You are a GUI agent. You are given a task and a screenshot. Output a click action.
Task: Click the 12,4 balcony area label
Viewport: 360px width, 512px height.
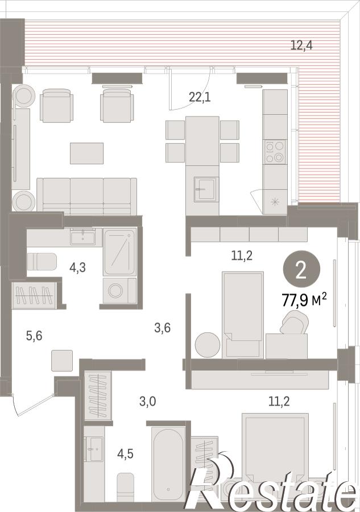301,45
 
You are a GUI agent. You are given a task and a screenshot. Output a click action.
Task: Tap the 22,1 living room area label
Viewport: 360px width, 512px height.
200,97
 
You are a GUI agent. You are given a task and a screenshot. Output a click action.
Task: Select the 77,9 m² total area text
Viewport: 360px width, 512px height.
304,300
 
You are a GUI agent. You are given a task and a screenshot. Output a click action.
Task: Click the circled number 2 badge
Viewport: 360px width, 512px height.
301,270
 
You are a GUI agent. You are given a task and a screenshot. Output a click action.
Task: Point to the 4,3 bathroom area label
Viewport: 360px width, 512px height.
78,267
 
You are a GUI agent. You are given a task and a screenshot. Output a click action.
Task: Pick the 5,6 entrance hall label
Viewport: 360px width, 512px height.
34,335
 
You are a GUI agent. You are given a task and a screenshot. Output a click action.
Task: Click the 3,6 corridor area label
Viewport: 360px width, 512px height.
162,327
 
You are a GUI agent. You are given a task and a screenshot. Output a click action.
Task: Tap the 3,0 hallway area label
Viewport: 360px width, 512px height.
147,401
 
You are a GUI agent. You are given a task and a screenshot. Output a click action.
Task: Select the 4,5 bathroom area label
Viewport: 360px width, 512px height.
125,453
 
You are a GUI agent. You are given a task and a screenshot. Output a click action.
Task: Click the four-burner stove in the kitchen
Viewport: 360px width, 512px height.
275,152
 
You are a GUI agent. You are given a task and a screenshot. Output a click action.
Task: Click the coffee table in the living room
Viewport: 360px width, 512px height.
87,153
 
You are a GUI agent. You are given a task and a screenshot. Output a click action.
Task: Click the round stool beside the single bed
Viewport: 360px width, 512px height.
207,345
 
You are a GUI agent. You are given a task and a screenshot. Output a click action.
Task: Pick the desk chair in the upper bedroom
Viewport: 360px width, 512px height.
294,322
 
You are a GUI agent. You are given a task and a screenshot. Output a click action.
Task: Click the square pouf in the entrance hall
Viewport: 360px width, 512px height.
62,361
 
